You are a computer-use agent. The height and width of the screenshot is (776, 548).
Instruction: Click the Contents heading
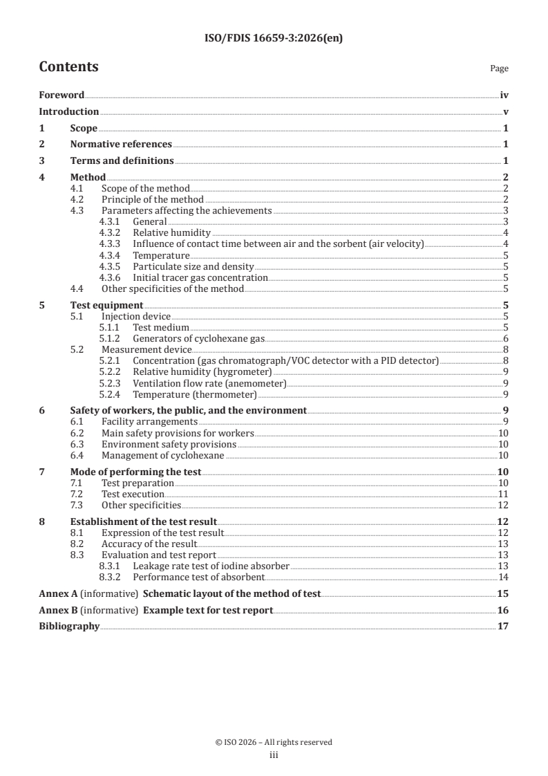(68, 67)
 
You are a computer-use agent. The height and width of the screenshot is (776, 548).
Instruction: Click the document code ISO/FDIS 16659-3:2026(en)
(274, 39)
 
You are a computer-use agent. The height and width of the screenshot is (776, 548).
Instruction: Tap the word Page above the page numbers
(499, 68)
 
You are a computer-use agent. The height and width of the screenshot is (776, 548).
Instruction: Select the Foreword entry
(62, 95)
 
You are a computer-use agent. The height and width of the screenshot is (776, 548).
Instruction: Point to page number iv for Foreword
(504, 95)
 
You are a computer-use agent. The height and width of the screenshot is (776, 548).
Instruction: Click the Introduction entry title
(68, 111)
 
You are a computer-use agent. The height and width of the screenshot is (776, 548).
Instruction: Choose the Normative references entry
(121, 144)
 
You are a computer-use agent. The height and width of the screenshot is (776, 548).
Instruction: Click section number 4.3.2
(109, 232)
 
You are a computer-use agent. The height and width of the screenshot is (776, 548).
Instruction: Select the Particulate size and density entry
(193, 266)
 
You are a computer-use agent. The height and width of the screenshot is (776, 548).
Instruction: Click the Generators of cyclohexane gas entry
(199, 338)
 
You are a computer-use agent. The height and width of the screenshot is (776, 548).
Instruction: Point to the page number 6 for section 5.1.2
(506, 338)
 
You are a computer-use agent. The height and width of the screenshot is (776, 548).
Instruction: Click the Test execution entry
(133, 494)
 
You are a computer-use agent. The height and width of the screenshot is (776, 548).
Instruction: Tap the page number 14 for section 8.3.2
(504, 577)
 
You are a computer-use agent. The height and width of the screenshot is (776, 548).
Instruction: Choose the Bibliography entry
(69, 627)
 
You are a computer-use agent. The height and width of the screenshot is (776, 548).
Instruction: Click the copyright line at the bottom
(274, 742)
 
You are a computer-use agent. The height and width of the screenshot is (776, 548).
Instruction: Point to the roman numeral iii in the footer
(274, 755)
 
